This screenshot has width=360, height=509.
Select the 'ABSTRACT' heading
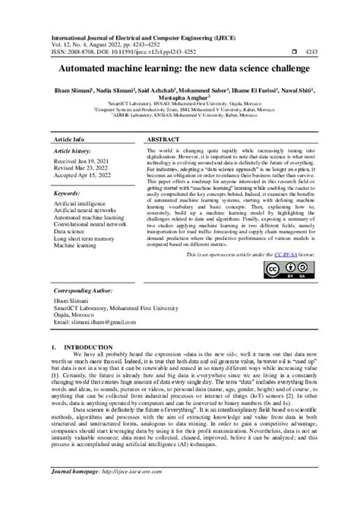click(x=163, y=141)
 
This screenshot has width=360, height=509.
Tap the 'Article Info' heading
click(x=69, y=141)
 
